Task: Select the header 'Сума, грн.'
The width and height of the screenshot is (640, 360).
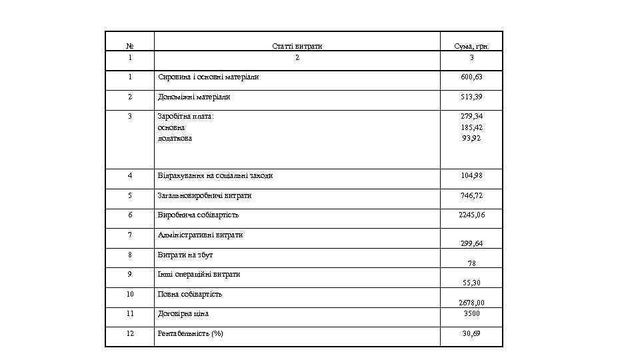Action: point(471,47)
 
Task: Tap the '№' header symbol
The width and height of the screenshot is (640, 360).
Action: point(129,47)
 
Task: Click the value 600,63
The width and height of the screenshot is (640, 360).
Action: point(471,77)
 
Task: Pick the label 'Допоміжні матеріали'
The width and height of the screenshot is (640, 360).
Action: point(194,97)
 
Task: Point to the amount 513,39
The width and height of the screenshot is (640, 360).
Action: point(471,97)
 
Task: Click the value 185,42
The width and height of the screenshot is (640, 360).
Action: point(471,127)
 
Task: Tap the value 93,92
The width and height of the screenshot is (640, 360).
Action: point(471,138)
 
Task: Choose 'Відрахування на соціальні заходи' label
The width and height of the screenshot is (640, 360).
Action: point(215,176)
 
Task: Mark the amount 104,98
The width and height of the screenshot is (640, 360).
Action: point(471,176)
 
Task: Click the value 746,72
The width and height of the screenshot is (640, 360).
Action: point(471,196)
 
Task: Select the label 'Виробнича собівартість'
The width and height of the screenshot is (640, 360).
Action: point(198,215)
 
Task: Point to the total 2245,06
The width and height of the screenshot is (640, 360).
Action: point(471,215)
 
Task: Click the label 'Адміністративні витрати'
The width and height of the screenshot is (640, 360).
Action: point(200,235)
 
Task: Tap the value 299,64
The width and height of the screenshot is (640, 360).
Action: point(471,244)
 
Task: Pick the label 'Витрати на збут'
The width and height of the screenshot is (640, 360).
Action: point(185,255)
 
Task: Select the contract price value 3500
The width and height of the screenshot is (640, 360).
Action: point(471,313)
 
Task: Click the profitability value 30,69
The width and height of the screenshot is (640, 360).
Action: point(471,333)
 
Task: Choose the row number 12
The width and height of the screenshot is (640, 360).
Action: point(129,333)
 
